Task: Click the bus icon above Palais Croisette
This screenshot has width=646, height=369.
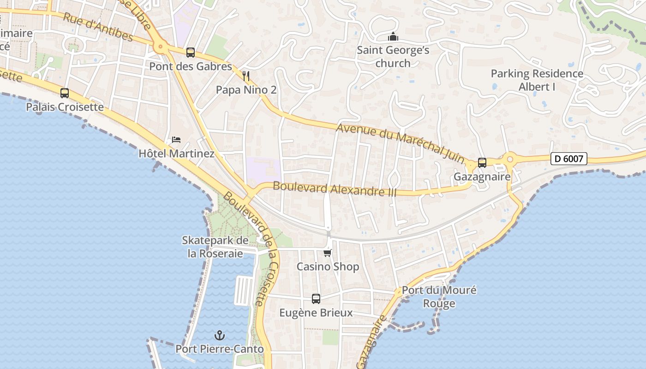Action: (x=65, y=93)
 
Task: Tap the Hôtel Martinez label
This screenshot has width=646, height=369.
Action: (x=176, y=154)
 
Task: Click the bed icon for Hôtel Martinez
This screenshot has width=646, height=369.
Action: (x=176, y=139)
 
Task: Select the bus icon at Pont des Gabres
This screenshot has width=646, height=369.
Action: (x=191, y=53)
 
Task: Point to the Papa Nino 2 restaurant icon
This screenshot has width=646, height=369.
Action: (x=246, y=76)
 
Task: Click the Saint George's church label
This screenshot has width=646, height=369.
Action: (x=393, y=56)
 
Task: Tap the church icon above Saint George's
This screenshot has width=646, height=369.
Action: (x=393, y=36)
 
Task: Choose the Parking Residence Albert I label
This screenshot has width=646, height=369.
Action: (x=537, y=80)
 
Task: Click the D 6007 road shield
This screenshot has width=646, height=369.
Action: (x=569, y=159)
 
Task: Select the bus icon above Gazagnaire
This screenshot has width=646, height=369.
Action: (x=482, y=163)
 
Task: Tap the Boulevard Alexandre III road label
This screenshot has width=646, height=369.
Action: (x=335, y=189)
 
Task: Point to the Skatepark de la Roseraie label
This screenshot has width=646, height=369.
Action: (x=215, y=247)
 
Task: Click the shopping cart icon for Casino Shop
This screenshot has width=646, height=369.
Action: (x=328, y=253)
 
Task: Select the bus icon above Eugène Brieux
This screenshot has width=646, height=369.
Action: (x=316, y=299)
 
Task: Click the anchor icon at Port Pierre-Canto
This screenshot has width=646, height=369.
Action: (x=220, y=335)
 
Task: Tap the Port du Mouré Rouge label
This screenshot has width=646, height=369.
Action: (x=439, y=297)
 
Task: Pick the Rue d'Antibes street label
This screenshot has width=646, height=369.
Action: (x=98, y=27)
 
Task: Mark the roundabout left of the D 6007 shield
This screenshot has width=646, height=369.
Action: (x=510, y=160)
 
